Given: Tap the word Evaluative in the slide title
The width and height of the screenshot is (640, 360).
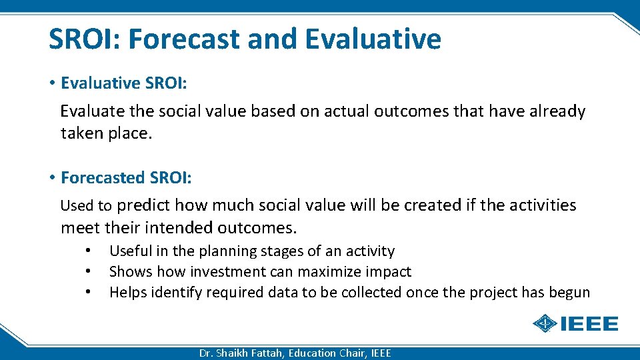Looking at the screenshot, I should point(373,39).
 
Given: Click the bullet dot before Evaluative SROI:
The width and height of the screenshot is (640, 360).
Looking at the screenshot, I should point(52,83).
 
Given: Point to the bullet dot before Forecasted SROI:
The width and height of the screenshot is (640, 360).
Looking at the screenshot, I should point(52,178).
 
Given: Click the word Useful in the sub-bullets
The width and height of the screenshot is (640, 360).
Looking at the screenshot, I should point(129,251).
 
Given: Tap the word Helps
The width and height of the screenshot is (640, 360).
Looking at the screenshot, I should point(128,293).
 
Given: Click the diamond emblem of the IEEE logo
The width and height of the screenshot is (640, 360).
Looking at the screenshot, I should point(545,324).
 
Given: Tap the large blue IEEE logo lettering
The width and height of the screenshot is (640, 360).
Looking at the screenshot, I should point(589,324).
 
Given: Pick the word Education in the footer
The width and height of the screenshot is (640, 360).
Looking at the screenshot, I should point(313,353).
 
